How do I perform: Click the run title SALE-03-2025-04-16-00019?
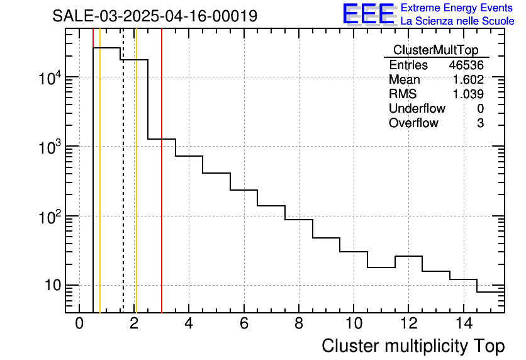click(x=155, y=16)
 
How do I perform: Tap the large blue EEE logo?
click(x=368, y=14)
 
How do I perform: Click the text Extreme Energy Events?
click(x=457, y=8)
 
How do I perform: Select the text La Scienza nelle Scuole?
click(x=457, y=21)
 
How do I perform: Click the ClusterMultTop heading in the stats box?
click(x=435, y=50)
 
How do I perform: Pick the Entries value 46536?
click(x=466, y=65)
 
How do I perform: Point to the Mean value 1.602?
click(x=468, y=80)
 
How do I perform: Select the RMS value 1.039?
click(x=468, y=94)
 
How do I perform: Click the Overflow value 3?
click(x=480, y=123)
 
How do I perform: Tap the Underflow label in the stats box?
click(x=417, y=109)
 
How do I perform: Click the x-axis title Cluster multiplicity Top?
click(x=413, y=346)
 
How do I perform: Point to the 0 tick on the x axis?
click(x=79, y=324)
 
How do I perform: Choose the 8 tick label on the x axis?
click(x=299, y=324)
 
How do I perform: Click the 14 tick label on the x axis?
click(x=464, y=324)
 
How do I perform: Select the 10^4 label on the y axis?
click(x=50, y=79)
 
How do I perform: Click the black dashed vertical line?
click(x=123, y=189)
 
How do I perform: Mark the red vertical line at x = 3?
click(x=162, y=220)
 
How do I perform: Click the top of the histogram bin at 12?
click(x=408, y=256)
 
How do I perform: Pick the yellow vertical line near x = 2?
click(x=136, y=189)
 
